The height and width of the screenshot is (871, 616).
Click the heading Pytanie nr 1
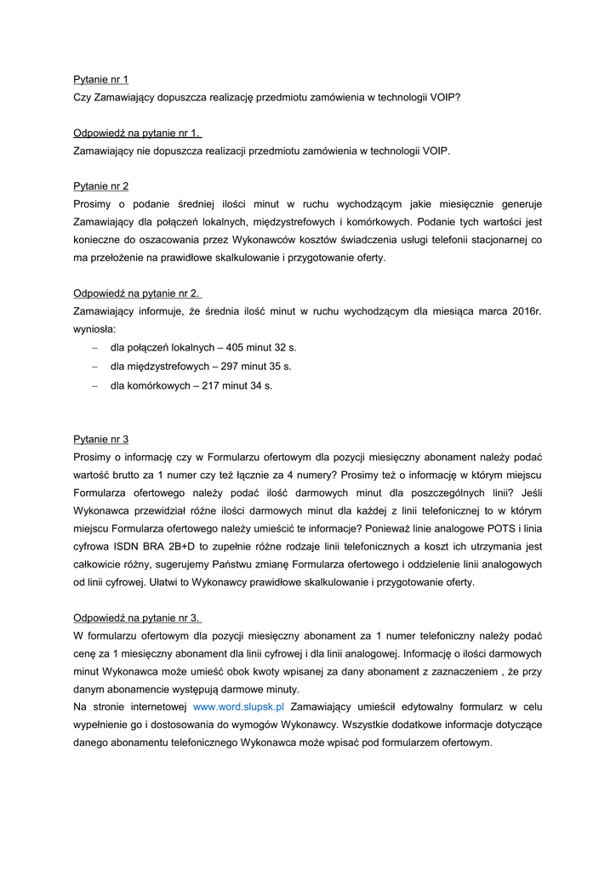click(100, 80)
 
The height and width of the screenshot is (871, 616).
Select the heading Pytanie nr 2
click(100, 185)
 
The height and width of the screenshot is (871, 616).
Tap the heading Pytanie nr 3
click(100, 439)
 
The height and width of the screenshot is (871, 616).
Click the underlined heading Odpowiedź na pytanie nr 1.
click(137, 133)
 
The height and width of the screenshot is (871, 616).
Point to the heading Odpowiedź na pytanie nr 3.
click(137, 618)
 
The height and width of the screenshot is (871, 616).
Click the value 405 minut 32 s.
click(261, 348)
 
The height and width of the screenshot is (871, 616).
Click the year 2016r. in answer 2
click(524, 311)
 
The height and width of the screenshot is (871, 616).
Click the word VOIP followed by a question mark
click(444, 98)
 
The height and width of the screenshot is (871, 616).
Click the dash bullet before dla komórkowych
click(94, 385)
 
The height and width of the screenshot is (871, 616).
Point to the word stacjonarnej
click(500, 240)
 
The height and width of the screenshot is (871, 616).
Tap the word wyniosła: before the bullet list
click(95, 329)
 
